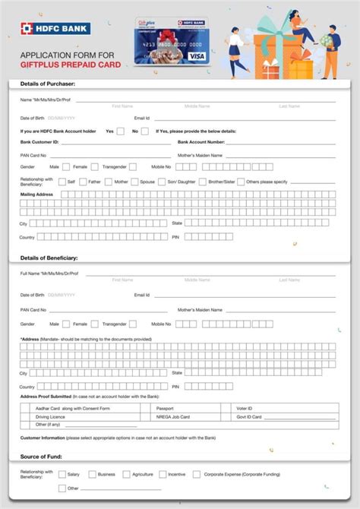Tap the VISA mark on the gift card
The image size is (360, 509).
[x=196, y=55]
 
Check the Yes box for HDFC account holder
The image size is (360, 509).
[x=121, y=131]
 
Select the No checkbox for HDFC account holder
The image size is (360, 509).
[x=145, y=131]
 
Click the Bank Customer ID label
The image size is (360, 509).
[x=39, y=142]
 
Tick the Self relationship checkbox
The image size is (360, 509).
[x=62, y=182]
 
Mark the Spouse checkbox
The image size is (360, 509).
[x=134, y=182]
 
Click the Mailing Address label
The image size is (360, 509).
[x=36, y=194]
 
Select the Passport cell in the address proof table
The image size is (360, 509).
[x=165, y=409]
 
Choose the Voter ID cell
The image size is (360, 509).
[x=245, y=409]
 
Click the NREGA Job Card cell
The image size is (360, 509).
[x=172, y=417]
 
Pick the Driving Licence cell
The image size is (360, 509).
[x=51, y=417]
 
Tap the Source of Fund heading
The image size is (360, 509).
[x=42, y=457]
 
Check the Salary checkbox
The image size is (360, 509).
[x=62, y=474]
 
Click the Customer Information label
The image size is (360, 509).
[x=42, y=438]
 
